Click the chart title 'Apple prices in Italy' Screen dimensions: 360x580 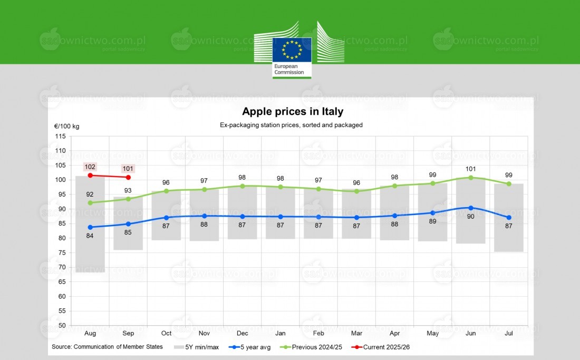(x=292, y=112)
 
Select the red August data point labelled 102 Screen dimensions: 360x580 (x=90, y=175)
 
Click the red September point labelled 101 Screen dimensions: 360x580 (x=128, y=177)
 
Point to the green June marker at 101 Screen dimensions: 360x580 (x=471, y=177)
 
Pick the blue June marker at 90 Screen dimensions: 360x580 (x=471, y=208)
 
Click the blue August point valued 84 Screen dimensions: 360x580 (x=90, y=227)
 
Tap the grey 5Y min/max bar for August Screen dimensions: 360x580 (x=90, y=253)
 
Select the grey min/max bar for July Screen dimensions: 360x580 (x=509, y=237)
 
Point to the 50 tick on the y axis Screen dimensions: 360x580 (x=62, y=326)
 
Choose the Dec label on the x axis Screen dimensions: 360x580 (x=243, y=334)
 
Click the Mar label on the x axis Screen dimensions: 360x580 (x=356, y=334)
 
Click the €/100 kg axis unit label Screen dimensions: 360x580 (x=66, y=127)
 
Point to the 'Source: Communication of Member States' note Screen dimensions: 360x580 (x=107, y=347)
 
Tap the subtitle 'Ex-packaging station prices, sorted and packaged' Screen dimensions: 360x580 (x=291, y=125)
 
